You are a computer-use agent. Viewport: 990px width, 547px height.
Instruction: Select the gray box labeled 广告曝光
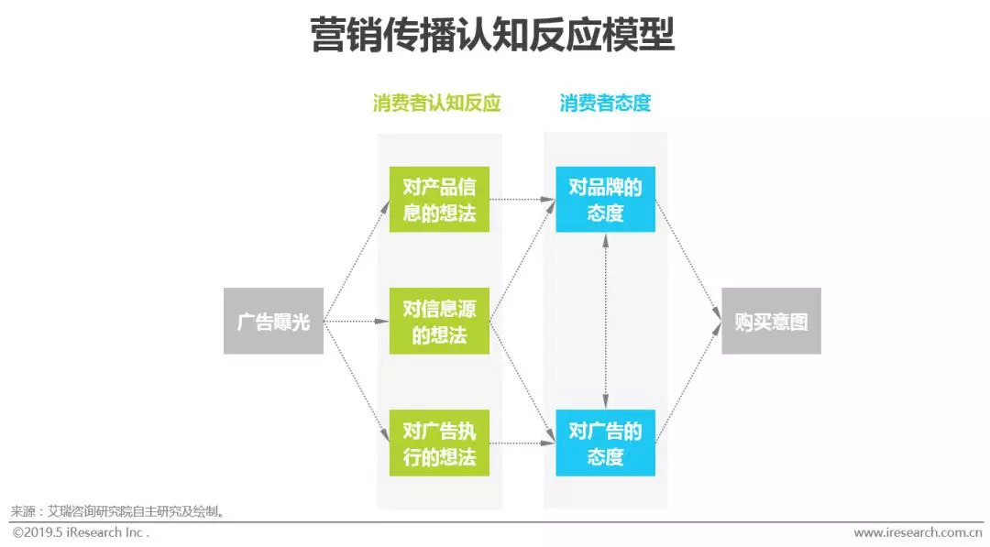click(273, 321)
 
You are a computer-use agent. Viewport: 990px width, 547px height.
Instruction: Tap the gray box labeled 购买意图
click(771, 321)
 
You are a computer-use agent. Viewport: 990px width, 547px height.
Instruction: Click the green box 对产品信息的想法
click(439, 199)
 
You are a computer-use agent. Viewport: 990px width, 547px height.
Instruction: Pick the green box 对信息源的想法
click(439, 321)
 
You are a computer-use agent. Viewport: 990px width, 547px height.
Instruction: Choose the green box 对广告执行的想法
click(439, 443)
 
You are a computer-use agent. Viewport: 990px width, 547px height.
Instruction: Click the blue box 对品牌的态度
click(605, 199)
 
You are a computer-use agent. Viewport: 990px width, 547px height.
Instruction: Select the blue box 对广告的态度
click(605, 443)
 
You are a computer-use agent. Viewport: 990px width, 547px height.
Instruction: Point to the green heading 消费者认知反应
click(436, 103)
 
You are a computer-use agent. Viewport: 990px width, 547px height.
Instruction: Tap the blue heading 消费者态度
click(605, 103)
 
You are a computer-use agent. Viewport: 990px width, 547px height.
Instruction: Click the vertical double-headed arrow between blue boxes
click(605, 321)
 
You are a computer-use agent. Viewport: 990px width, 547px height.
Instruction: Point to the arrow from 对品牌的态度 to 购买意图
click(688, 260)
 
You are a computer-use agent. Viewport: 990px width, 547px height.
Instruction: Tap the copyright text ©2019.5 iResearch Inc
click(81, 532)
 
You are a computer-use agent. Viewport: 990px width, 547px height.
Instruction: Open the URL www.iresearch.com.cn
click(918, 532)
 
